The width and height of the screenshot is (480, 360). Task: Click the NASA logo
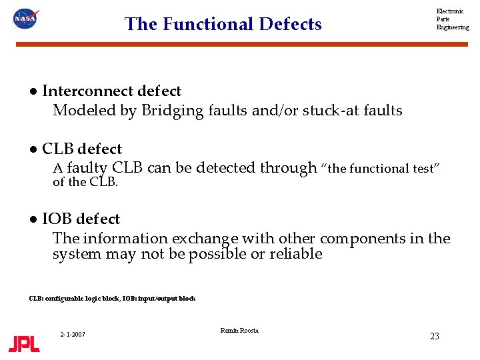point(25,19)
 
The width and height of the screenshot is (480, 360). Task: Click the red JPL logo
point(24,344)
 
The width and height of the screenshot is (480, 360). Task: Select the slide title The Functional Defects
point(223,24)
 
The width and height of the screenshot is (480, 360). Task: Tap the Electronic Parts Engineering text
point(452,19)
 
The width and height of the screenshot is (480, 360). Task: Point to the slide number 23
point(434,337)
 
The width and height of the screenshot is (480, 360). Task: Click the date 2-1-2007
point(72,334)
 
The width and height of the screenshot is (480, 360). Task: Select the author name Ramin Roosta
point(239,331)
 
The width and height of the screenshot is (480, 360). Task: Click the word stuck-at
point(329,111)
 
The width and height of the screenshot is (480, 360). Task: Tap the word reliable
point(296,254)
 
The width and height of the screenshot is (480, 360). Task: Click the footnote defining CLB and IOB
point(112,299)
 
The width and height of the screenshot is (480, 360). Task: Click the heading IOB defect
point(81,219)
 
